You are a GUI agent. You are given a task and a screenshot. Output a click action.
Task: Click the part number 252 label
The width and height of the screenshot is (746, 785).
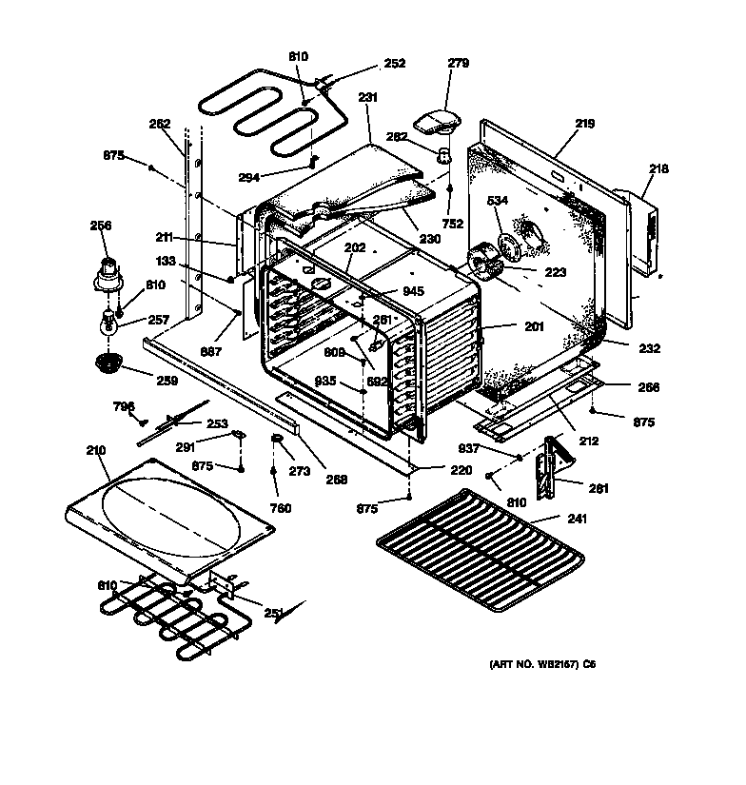click(394, 64)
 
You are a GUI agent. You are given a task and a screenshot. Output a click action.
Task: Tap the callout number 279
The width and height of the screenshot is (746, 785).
click(459, 64)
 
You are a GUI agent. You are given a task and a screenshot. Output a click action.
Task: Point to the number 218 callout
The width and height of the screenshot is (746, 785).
click(658, 169)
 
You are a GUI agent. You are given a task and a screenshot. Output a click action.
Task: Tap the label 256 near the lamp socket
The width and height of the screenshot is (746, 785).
click(101, 226)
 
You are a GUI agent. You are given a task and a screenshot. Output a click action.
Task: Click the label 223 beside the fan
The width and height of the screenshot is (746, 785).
click(555, 272)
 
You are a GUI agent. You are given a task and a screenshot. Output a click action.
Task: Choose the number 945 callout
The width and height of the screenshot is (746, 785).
click(412, 291)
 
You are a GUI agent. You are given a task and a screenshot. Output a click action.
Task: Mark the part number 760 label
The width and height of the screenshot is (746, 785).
click(281, 507)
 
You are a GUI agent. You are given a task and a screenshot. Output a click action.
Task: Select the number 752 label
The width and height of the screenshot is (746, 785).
click(453, 224)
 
